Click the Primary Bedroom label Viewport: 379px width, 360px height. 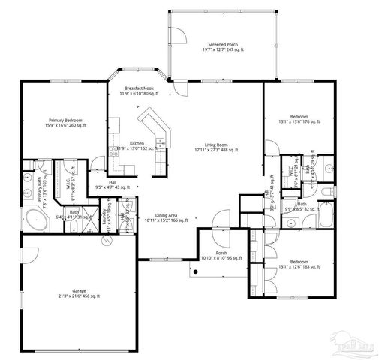pyautogui.click(x=65, y=123)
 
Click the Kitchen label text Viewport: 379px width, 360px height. pyautogui.click(x=137, y=145)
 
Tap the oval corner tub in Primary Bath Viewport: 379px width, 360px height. pyautogui.click(x=33, y=220)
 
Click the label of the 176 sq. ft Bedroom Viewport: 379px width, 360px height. pyautogui.click(x=298, y=119)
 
